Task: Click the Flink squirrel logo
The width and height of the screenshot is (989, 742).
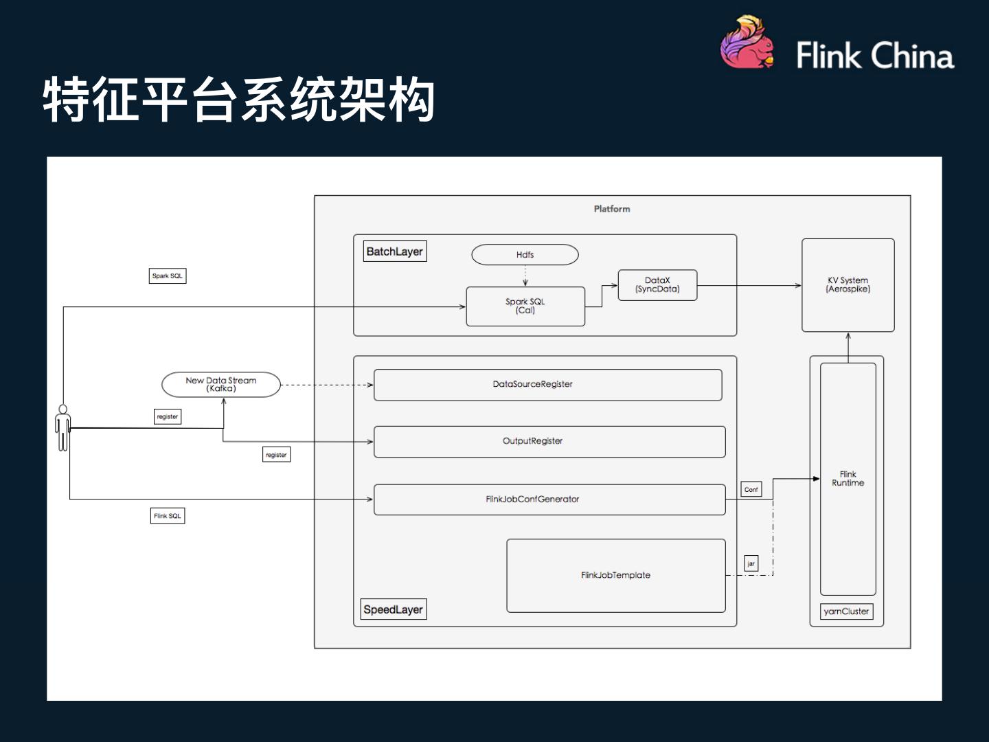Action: pos(747,43)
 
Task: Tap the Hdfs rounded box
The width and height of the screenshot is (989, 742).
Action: pos(525,255)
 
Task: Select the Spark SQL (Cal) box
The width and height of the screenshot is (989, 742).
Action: pos(525,306)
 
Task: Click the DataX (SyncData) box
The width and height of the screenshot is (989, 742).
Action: pos(657,285)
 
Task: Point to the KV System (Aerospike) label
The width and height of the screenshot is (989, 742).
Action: pos(848,284)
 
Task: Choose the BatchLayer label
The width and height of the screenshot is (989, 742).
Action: pos(395,251)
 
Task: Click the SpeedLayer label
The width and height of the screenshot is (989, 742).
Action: pos(394,609)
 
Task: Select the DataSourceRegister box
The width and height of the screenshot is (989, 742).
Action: pos(547,385)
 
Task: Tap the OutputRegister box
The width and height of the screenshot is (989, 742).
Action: pos(549,442)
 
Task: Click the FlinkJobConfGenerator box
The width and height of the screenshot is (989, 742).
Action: pos(549,499)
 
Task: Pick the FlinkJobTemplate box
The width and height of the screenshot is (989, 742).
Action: pos(615,576)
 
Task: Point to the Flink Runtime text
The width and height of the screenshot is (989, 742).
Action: pos(848,479)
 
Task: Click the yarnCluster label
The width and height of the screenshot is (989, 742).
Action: pos(846,611)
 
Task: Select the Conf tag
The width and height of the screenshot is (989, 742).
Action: pos(751,489)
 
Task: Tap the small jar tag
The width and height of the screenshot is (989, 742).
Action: pos(751,564)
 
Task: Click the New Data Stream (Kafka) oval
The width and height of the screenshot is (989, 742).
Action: pos(221,385)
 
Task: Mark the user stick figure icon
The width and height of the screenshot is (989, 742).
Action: pos(63,428)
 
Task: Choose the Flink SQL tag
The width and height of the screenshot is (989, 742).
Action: pos(168,516)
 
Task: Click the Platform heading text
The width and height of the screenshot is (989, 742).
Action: pos(612,209)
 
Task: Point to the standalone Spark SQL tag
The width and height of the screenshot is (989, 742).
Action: pos(168,276)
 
